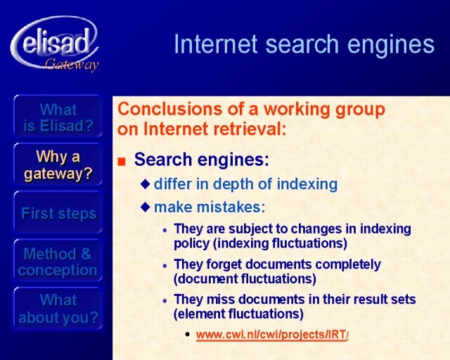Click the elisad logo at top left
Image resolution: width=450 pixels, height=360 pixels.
(55, 43)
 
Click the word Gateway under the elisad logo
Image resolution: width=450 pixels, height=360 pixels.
(72, 64)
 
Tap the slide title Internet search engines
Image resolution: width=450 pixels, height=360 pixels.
(304, 44)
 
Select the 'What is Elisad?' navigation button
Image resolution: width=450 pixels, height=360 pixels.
(58, 117)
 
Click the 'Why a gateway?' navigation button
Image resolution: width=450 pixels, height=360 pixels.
(58, 165)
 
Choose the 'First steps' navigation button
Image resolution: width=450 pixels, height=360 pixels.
(58, 213)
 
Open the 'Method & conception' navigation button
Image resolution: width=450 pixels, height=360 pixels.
(58, 261)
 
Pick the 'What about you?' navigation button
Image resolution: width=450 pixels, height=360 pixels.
(58, 309)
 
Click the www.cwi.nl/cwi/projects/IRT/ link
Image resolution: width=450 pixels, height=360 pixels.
(272, 335)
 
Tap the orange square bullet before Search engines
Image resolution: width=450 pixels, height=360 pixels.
(122, 162)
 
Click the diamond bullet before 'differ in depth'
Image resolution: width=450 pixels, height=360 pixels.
(146, 184)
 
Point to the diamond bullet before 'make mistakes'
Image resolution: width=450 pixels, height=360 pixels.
(146, 207)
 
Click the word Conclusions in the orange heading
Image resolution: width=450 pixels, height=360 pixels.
(170, 109)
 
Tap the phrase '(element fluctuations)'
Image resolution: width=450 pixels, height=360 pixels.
(238, 314)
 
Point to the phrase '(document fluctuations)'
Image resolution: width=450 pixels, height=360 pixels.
(245, 278)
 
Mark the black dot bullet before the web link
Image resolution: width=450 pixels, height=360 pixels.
(188, 335)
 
